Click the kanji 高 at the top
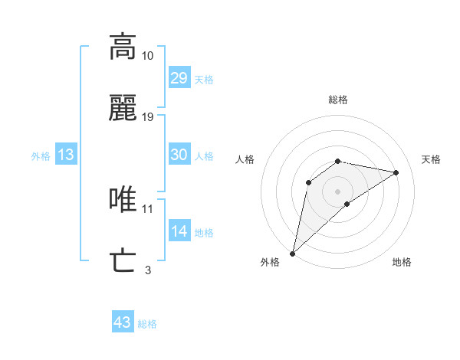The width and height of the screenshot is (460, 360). coord(123,47)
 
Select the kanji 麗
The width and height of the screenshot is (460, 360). coord(123,110)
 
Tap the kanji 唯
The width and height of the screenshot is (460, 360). coord(123,200)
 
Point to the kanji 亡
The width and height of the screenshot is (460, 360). coord(123,261)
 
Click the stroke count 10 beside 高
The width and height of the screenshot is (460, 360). coord(148,56)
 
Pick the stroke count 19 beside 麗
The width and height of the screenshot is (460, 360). coord(148,117)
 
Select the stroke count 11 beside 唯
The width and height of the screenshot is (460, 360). coord(148,208)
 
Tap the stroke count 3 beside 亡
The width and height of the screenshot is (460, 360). coord(148,270)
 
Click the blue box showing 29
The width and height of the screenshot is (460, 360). coord(179,78)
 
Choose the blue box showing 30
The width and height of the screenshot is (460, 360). coord(179,155)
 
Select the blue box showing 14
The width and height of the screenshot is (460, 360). coord(179,231)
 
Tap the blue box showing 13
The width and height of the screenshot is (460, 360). coord(66,155)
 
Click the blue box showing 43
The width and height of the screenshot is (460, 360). coord(123,322)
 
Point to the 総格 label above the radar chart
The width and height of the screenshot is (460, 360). coord(338,100)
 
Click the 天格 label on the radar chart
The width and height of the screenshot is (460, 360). coord(432,159)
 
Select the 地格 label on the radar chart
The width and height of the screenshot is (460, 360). coord(402,262)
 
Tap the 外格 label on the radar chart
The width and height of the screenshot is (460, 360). coord(270,262)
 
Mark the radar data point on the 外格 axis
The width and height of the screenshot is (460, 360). coord(293,253)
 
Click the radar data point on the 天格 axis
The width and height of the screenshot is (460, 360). coord(396,172)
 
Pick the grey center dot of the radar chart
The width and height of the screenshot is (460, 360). coord(338,191)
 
